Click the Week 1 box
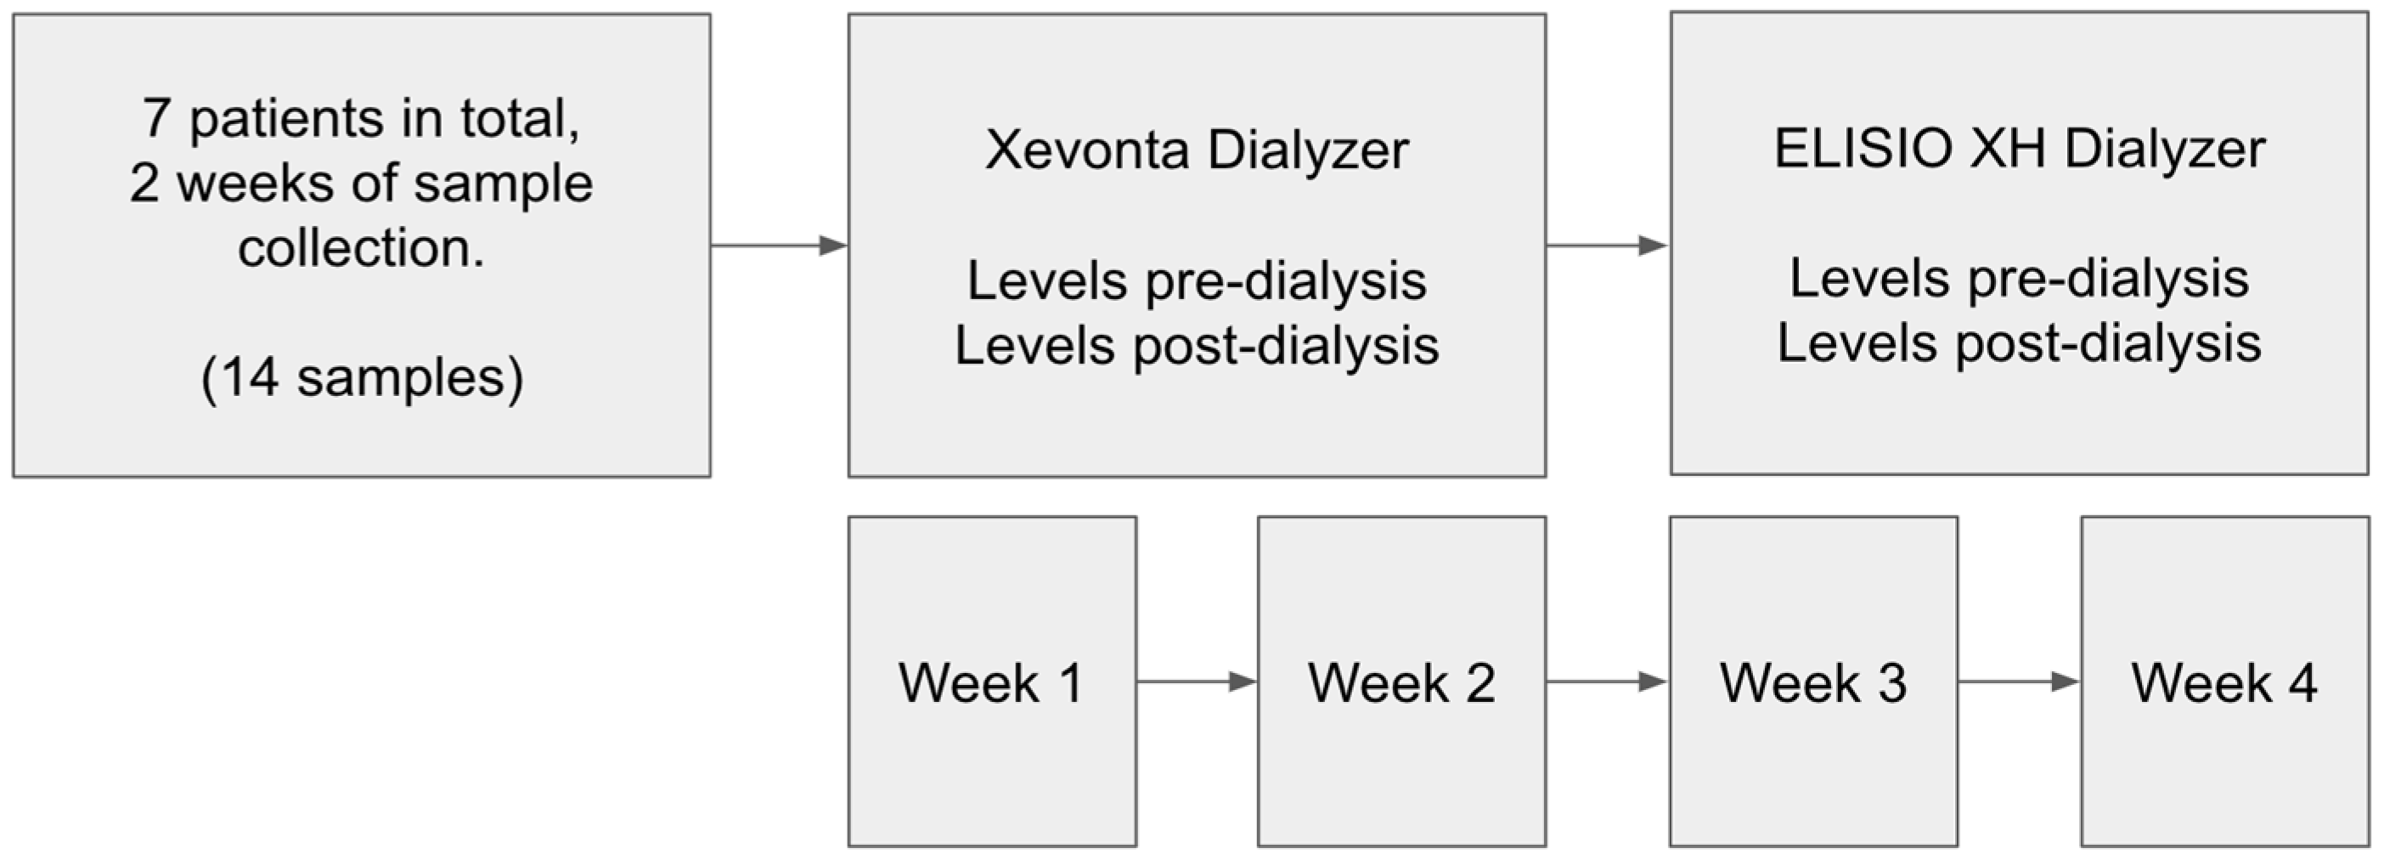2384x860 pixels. coord(992,682)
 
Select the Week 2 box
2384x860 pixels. coord(1401,682)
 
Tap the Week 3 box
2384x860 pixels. coord(1813,682)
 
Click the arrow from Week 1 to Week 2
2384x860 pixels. coord(1197,682)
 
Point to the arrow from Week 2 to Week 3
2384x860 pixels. coord(1607,682)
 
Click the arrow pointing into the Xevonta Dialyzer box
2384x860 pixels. coord(780,246)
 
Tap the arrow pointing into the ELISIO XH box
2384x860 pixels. coord(1607,246)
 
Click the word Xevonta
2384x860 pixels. coord(1087,149)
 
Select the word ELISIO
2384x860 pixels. coord(1862,148)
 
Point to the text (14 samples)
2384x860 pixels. coord(362,377)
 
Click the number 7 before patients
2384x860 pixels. coord(156,118)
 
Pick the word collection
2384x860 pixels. coord(361,248)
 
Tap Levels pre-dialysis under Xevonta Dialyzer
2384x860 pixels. coord(1197,280)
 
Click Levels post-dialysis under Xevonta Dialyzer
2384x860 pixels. coord(1197,346)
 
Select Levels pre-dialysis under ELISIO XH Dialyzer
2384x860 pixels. coord(2019,278)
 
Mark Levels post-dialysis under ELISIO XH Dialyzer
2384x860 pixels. coord(2019,343)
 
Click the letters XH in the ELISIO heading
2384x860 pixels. coord(2006,148)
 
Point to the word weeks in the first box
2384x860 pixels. coord(256,184)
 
